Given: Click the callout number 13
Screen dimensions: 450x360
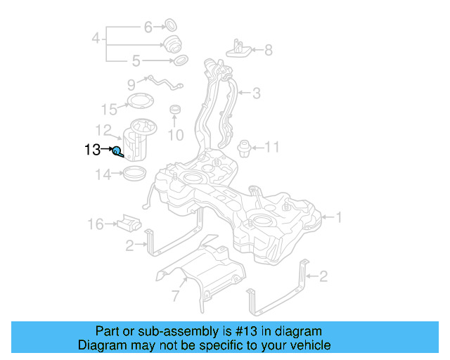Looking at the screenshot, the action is (93, 150).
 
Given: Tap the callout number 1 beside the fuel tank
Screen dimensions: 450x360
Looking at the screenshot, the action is (338, 218).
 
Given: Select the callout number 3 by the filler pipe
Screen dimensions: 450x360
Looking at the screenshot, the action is (257, 92).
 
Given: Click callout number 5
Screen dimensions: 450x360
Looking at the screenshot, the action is (136, 61).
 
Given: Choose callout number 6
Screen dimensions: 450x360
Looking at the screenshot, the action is (148, 27).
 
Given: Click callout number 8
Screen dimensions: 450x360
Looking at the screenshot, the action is (268, 50).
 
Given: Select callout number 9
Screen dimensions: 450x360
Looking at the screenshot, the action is (131, 85).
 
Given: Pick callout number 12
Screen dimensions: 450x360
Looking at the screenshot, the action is (104, 130).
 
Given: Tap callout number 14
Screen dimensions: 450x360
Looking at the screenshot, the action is (103, 175).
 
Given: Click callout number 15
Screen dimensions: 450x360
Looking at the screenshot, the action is (109, 109).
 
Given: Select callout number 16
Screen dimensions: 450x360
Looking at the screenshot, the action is (96, 224).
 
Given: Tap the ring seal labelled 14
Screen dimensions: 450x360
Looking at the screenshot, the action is (134, 173).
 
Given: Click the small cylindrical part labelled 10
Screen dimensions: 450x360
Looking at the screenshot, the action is (175, 111).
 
